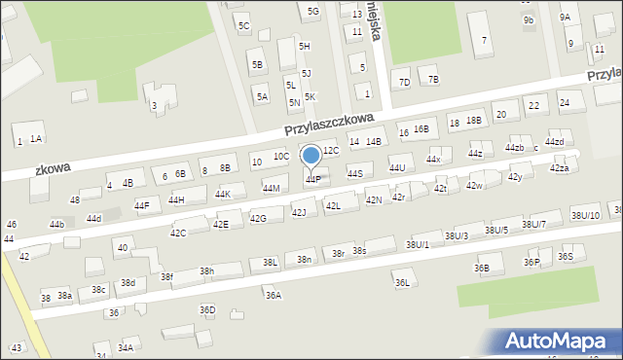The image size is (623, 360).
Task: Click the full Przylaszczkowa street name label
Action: click(x=330, y=123)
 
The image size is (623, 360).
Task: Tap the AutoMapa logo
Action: click(x=559, y=342)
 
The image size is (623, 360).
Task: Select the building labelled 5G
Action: click(x=312, y=11)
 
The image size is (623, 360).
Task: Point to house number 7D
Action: click(x=404, y=80)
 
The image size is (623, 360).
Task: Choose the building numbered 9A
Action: click(x=565, y=17)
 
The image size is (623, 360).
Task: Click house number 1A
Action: click(x=36, y=139)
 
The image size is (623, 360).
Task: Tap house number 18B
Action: click(x=473, y=120)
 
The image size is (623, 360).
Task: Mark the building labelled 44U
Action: click(x=397, y=168)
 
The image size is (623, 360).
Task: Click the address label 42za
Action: click(x=559, y=168)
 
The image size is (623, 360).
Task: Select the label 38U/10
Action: click(x=585, y=215)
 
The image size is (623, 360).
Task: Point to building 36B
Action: click(x=482, y=268)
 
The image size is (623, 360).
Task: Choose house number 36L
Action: click(x=402, y=282)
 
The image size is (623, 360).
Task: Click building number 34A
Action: click(x=126, y=347)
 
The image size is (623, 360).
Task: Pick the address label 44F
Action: click(x=142, y=205)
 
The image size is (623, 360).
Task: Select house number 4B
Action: click(x=128, y=182)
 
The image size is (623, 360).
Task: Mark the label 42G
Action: click(x=258, y=218)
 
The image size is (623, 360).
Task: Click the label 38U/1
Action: click(x=418, y=243)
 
